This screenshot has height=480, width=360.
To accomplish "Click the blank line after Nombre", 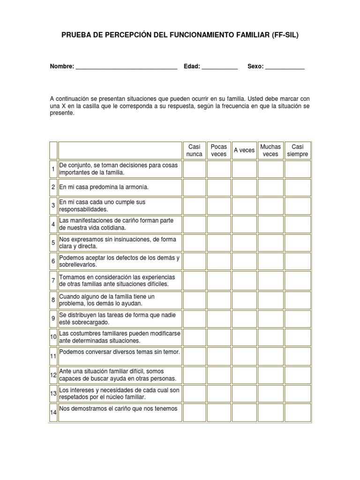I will pos(126,67).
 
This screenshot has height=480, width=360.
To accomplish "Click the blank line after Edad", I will pos(219,67).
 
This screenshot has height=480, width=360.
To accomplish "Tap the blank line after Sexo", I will pos(285,67).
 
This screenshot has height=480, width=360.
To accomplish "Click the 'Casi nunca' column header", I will pos(194,150).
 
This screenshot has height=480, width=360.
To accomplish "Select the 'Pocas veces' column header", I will pos(219,150).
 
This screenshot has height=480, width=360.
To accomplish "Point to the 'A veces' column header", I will pos(244,150).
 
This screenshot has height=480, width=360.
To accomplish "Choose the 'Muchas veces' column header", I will pos(270,150).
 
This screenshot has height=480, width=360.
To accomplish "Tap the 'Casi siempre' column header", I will pos(298,150).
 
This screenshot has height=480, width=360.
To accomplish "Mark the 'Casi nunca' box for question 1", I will pos(194,169).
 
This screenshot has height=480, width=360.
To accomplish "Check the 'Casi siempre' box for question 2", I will pos(298,187).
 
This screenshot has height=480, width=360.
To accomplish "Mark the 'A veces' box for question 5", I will pos(244,242).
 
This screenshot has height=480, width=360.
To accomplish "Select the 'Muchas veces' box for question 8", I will pos(270,300).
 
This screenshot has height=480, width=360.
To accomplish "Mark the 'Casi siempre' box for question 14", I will pos(298,412).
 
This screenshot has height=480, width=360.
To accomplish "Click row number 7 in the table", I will pos(53,281).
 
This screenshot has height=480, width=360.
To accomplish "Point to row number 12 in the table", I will pos(53,375).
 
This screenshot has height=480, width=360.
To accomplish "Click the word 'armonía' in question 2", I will pos(135,187).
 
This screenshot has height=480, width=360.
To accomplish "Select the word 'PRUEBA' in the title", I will pos(76,35).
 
